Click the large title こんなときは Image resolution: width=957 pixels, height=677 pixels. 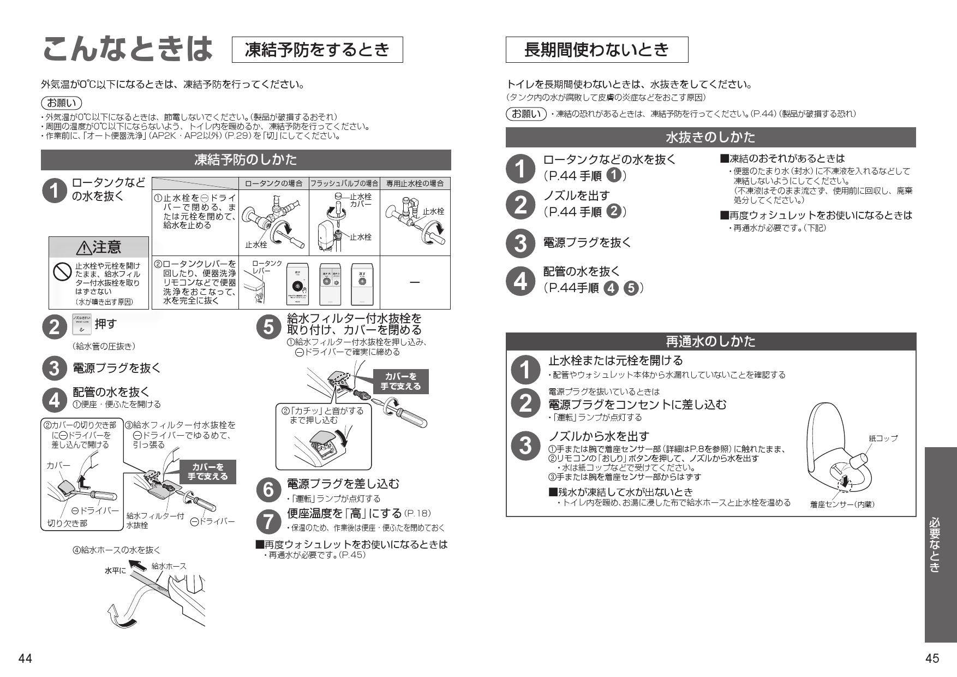click(x=127, y=50)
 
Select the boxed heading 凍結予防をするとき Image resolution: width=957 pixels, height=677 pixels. click(x=317, y=50)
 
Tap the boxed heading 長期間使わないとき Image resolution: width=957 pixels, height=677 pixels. click(x=596, y=50)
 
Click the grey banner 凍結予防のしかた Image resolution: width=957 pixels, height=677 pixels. click(x=246, y=160)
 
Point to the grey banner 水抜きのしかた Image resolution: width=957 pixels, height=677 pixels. click(x=710, y=137)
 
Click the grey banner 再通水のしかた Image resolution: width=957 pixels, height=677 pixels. click(x=710, y=342)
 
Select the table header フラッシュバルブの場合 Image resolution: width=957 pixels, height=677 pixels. click(x=344, y=183)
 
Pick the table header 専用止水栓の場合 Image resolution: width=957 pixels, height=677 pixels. click(x=415, y=183)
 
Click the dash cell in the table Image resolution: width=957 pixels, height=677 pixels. click(x=415, y=282)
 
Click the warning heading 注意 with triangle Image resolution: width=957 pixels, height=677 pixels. click(x=99, y=247)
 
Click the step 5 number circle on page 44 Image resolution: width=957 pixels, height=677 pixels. click(x=268, y=326)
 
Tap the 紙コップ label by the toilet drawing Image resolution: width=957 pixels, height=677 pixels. click(x=883, y=438)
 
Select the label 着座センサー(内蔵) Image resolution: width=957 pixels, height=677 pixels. click(x=842, y=504)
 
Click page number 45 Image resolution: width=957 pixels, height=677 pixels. click(x=932, y=658)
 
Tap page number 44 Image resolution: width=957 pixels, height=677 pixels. click(x=25, y=658)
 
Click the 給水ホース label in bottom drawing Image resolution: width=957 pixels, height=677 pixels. click(x=169, y=566)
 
